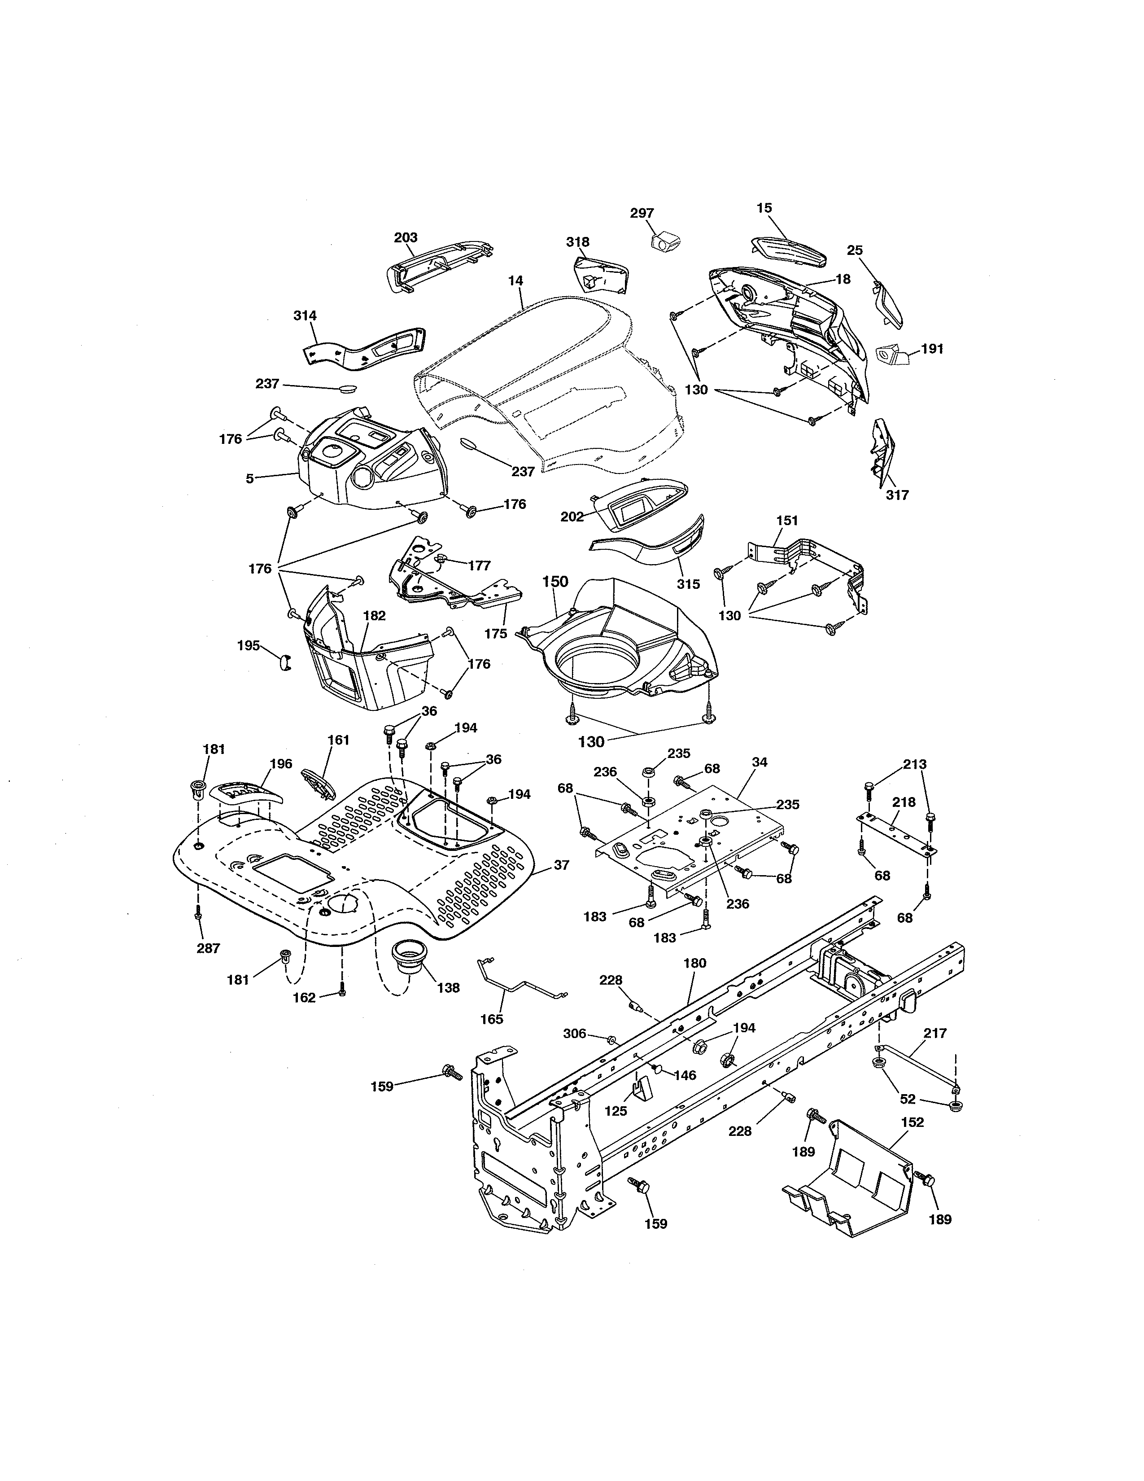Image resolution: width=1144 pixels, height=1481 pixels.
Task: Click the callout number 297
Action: (x=642, y=213)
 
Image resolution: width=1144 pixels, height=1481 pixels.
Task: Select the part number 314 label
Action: (x=305, y=315)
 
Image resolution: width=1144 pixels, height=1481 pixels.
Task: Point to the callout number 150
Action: (x=555, y=582)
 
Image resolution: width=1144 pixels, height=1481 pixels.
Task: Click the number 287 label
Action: (x=208, y=948)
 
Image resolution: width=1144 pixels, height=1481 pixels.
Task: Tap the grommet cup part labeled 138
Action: (x=409, y=956)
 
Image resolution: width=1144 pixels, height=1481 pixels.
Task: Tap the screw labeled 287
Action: (x=198, y=912)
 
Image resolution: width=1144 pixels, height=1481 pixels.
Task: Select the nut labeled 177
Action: (x=441, y=559)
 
